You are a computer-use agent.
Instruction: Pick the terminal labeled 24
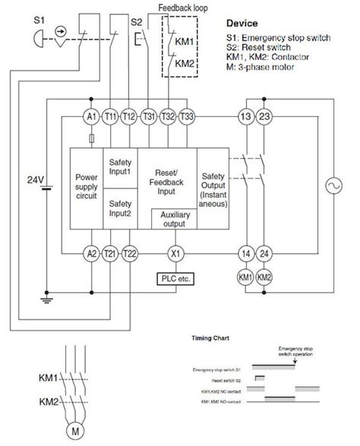264,254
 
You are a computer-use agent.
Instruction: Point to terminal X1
177,254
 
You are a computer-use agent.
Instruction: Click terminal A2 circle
92,254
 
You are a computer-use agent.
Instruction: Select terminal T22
131,254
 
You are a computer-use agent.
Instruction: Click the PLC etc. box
177,278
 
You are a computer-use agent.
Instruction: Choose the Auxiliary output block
174,220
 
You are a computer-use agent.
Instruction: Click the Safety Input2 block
120,208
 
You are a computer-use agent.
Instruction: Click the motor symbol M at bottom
75,432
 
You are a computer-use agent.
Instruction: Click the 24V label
36,181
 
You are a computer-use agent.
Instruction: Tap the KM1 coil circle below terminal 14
245,277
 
